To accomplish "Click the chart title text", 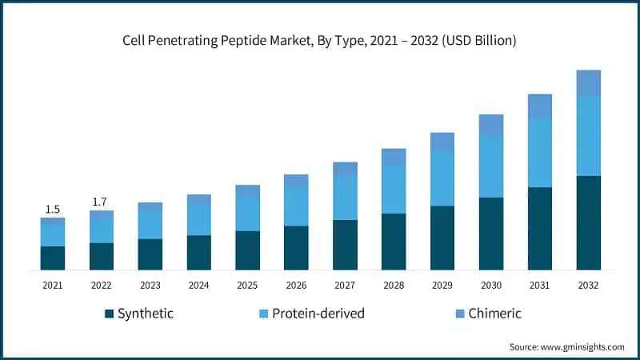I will [320, 40].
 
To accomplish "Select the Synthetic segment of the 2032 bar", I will [589, 222].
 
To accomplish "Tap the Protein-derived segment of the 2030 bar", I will [491, 166].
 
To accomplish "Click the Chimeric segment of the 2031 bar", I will [540, 106].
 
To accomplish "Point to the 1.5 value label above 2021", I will [53, 210].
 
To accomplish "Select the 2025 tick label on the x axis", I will [247, 284].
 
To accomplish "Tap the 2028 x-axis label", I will [394, 284].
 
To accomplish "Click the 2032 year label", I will [589, 284].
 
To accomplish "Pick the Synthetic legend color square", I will [109, 314].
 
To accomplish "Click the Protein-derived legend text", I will [318, 314].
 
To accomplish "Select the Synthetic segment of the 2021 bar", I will [53, 258].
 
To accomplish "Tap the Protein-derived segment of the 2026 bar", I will [296, 207].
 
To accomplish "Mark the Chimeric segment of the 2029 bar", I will [442, 142].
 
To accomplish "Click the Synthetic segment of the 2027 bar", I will [345, 244].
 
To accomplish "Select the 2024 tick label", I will [198, 284].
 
